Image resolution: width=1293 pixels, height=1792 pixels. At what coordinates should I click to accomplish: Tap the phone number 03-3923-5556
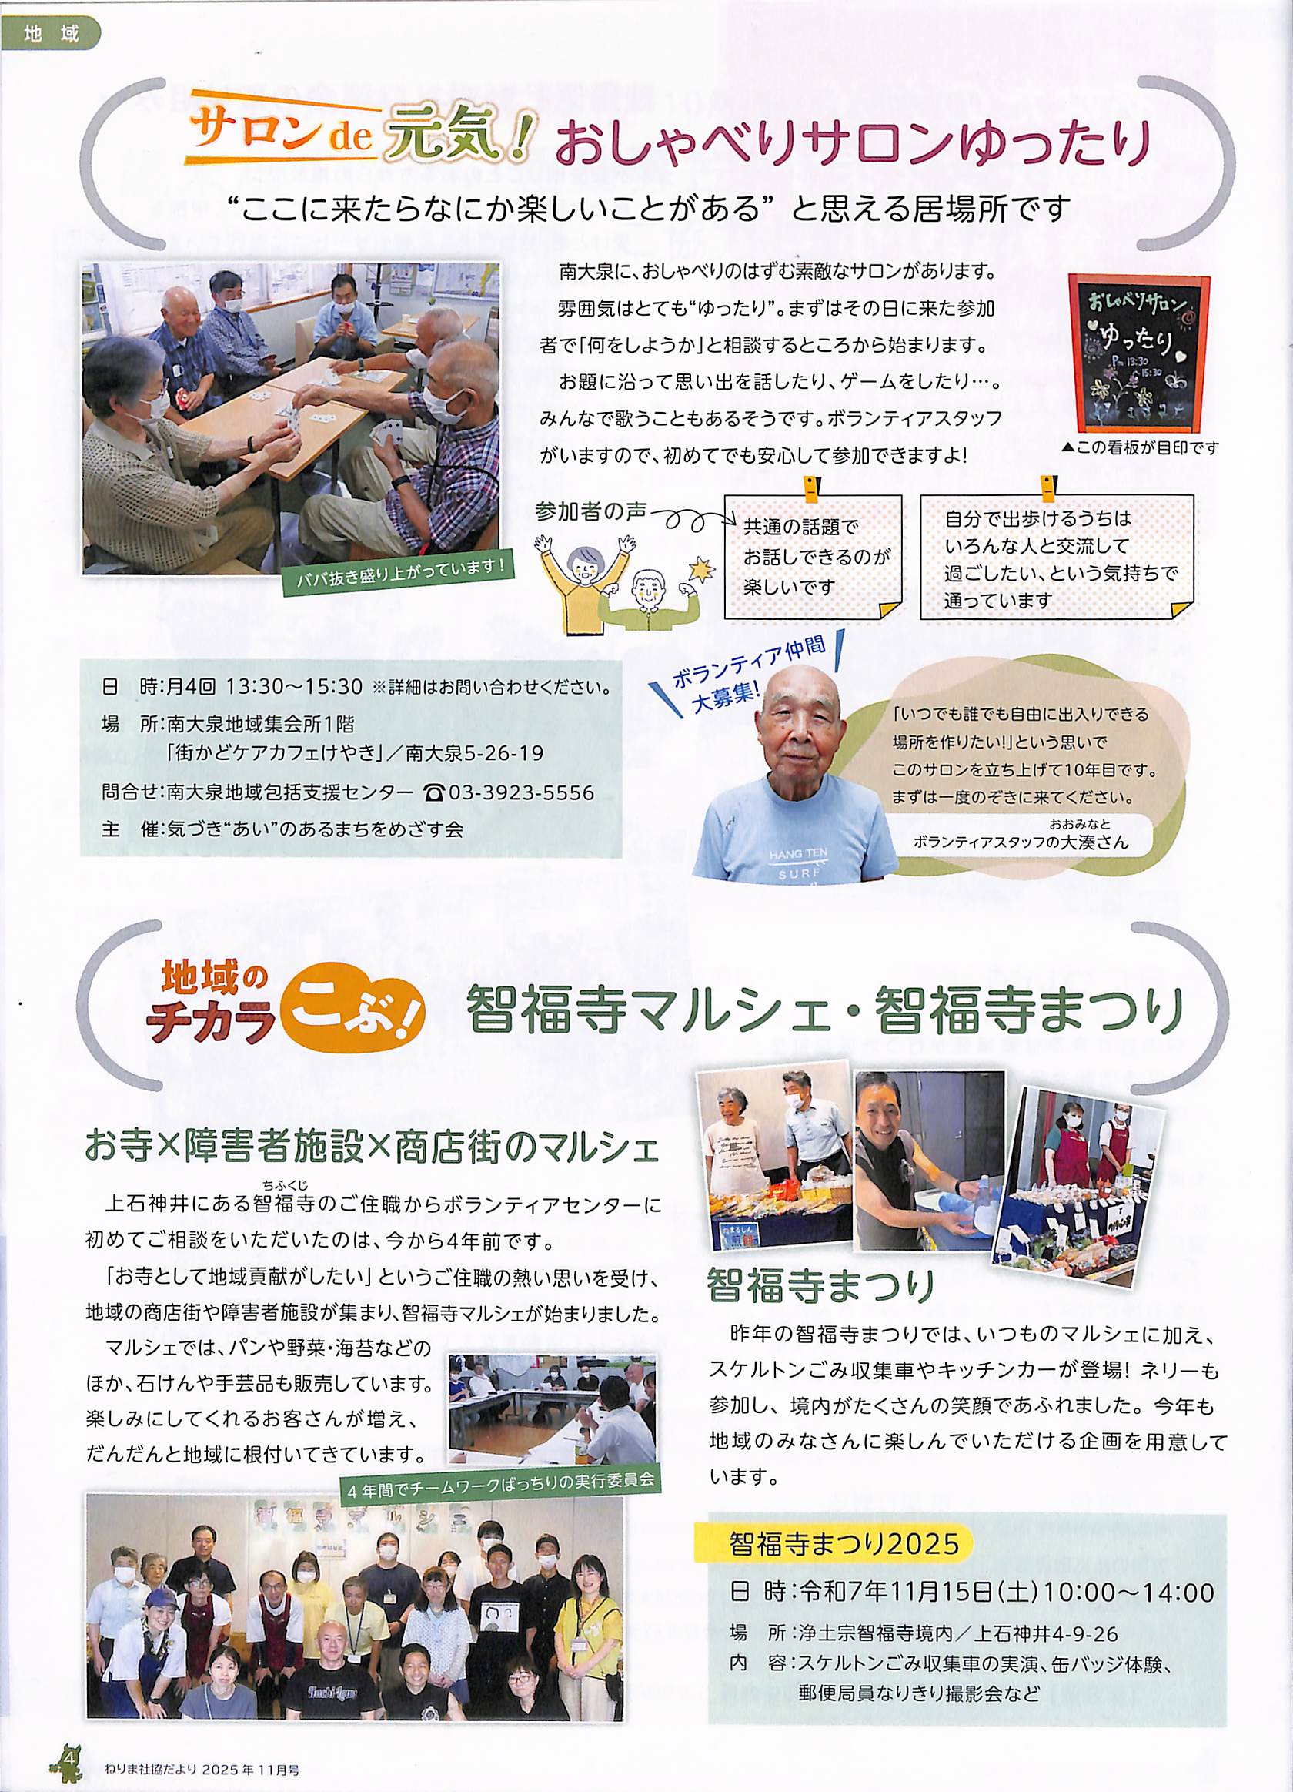(x=520, y=792)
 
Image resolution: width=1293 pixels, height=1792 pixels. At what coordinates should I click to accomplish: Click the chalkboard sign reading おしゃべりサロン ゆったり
(x=1138, y=353)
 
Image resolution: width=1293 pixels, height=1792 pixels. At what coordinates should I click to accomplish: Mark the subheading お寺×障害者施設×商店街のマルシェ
(x=372, y=1149)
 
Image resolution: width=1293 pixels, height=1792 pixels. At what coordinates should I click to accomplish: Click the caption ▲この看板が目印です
(x=1139, y=449)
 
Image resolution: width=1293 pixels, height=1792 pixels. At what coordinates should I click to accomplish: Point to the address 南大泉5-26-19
(x=475, y=754)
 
